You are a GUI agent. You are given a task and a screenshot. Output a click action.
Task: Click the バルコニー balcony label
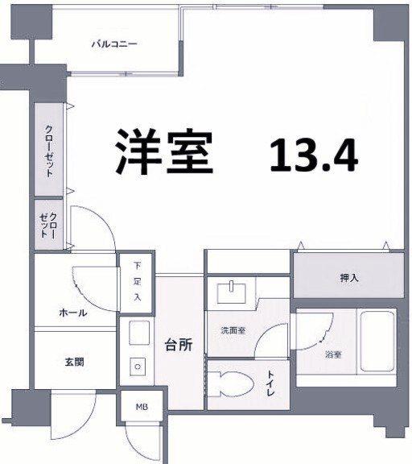point(113,44)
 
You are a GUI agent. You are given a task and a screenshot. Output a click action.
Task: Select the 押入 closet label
point(348,279)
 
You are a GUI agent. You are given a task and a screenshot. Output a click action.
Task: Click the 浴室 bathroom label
point(331,354)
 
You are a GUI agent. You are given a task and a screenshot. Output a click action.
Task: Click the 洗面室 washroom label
point(233,331)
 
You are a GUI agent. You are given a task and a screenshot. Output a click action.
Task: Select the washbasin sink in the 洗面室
point(233,291)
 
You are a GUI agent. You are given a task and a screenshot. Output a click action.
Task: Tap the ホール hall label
point(72,313)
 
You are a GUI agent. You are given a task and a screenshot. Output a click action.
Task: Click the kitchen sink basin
point(138,333)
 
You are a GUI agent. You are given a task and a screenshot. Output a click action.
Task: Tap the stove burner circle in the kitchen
point(138,367)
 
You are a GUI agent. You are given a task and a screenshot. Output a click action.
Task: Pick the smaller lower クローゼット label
point(48,223)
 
